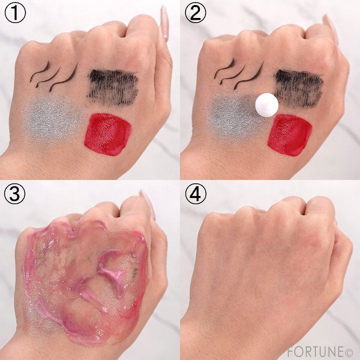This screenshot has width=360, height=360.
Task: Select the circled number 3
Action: pos(15,194)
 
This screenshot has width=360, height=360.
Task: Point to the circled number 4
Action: pos(195,194)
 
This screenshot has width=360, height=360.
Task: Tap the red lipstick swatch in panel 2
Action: pos(289,135)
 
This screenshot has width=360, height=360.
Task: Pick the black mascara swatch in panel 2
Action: pos(298,87)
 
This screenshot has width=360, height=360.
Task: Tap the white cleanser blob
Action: pos(267,105)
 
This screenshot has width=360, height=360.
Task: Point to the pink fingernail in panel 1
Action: pos(164,22)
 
